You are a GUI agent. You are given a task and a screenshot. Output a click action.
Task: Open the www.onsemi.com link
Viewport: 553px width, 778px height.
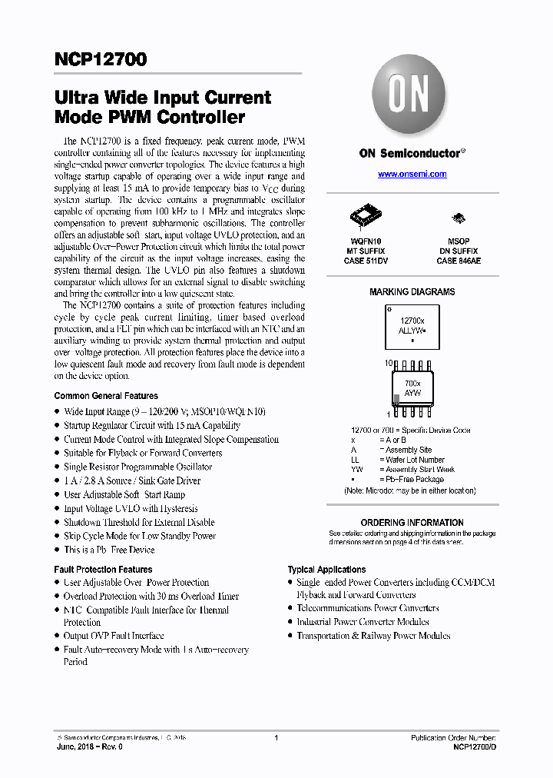point(412,175)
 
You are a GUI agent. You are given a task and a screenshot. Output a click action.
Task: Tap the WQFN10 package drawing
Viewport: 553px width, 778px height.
point(364,216)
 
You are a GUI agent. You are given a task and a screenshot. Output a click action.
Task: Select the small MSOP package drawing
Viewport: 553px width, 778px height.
point(458,218)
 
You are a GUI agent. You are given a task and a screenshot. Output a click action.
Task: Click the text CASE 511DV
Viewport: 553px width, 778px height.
point(364,261)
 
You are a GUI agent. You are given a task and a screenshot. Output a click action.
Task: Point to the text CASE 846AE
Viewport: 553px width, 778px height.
point(459,261)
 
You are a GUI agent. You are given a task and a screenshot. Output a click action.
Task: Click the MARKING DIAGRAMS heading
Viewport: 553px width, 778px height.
point(412,292)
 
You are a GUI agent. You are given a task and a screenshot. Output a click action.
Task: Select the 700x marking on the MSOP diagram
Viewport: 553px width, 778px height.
point(412,382)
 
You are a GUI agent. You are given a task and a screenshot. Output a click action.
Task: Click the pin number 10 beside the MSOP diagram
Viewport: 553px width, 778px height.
point(389,361)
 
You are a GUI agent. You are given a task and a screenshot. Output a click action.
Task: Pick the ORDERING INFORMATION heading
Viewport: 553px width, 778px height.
point(412,523)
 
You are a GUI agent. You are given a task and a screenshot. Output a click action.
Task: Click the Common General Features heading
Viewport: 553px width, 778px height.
point(106,396)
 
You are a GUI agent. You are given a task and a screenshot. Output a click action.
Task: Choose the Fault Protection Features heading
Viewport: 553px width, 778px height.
point(103,570)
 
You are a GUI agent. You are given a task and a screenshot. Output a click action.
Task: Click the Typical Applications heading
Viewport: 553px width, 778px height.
point(326,570)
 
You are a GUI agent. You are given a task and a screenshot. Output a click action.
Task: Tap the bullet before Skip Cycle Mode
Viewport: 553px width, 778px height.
point(57,537)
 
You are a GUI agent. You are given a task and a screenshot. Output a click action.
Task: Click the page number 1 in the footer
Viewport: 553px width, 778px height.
point(276,738)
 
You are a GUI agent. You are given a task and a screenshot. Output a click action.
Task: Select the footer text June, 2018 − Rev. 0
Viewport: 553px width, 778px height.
point(89,746)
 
